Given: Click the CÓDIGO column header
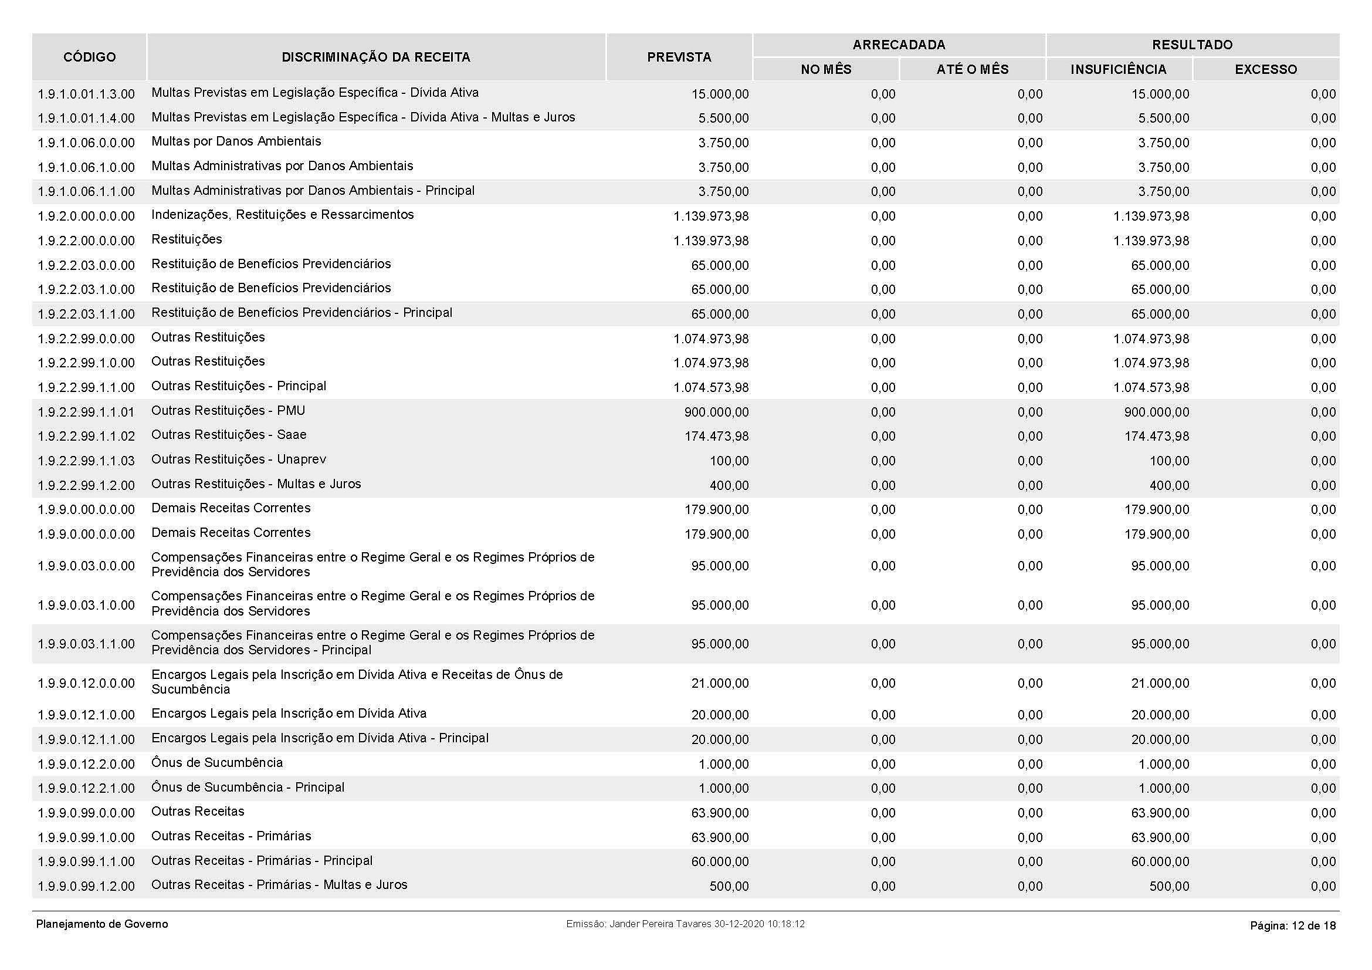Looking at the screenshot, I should [x=89, y=58].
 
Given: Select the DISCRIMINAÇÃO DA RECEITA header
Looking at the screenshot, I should [x=376, y=58].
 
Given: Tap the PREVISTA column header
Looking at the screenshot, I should [x=679, y=58].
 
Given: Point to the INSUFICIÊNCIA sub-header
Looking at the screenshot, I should [x=1118, y=70].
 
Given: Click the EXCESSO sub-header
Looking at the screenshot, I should [x=1266, y=70].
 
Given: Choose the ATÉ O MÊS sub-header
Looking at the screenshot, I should [x=972, y=70].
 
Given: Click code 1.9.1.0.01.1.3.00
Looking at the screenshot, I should [x=86, y=94].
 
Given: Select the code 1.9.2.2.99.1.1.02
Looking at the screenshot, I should [x=86, y=436].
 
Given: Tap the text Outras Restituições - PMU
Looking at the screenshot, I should [x=228, y=411].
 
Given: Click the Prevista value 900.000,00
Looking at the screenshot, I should [x=716, y=413].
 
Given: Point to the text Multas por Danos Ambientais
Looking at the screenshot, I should [x=236, y=141].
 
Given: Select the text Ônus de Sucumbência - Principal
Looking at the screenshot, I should [x=248, y=788].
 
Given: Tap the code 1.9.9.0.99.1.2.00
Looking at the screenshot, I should [x=86, y=886].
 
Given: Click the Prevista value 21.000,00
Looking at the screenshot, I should [x=720, y=684].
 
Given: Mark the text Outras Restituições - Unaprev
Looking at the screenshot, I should [x=238, y=459].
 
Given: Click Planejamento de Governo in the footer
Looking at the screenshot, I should [x=102, y=925].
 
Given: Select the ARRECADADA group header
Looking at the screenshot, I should [x=899, y=45].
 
